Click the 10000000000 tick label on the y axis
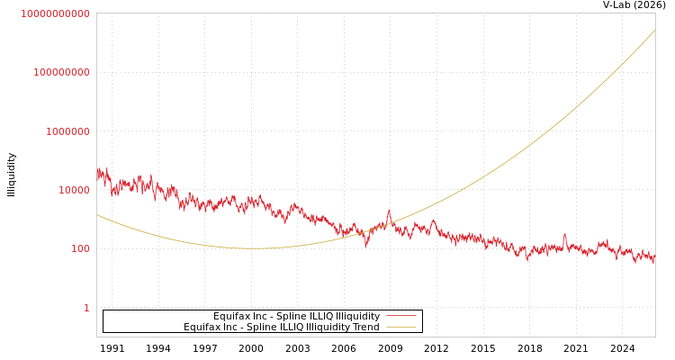coord(56,13)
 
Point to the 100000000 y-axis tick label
coord(62,72)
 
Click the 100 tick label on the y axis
coord(80,248)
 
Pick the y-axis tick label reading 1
coord(86,308)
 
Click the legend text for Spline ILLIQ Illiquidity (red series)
coord(296,317)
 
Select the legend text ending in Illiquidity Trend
coord(282,328)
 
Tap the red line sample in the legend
coord(400,317)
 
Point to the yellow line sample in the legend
coord(400,328)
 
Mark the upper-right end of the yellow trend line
coord(654,31)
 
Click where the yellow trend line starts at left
coord(97,214)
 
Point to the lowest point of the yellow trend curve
coord(257,248)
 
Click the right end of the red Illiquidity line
coord(654,258)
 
